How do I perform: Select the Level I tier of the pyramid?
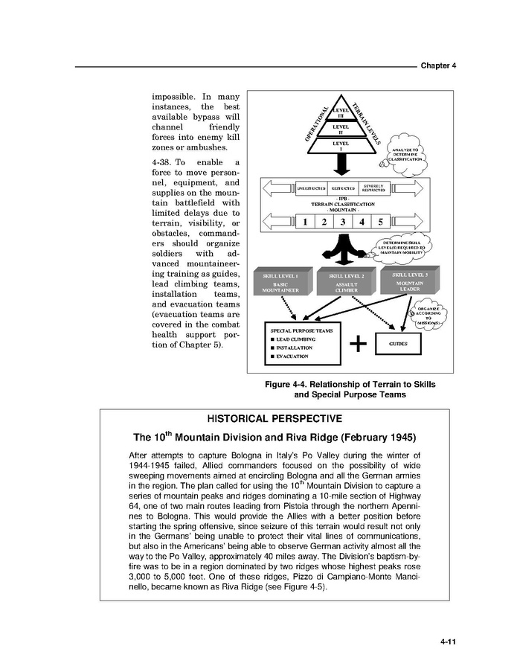coord(341,146)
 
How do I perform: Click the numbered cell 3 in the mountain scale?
coord(342,221)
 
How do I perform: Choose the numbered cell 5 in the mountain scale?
coord(380,221)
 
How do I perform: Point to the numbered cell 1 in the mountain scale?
coord(304,221)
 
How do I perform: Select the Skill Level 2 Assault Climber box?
coord(346,284)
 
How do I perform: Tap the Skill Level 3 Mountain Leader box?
coord(408,281)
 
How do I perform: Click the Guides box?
coord(399,343)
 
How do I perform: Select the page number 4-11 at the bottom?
coord(447,640)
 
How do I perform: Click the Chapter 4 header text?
coord(437,65)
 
